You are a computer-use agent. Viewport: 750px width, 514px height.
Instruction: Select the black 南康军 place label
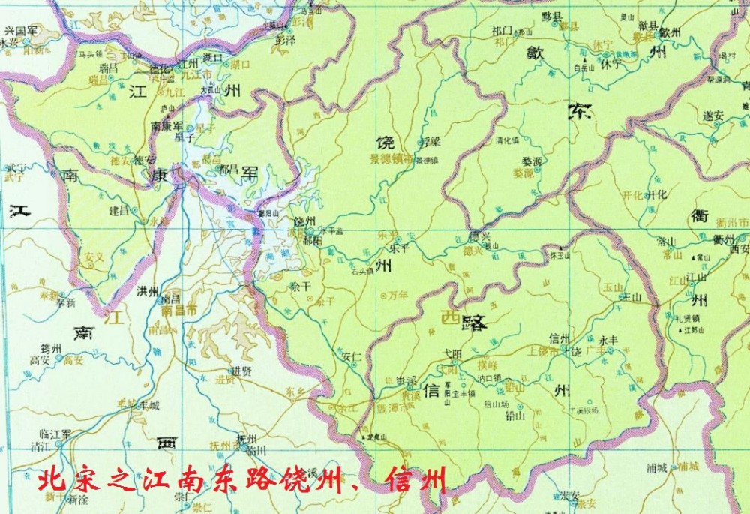pos(167,126)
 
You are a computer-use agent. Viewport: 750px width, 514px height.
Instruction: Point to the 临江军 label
pos(56,434)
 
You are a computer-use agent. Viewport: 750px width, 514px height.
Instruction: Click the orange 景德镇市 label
pos(391,159)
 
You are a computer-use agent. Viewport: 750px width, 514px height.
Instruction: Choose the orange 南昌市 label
pos(180,310)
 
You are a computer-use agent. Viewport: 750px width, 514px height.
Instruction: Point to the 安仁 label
pos(351,356)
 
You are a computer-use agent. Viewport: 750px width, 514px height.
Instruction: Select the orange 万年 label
pos(397,296)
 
